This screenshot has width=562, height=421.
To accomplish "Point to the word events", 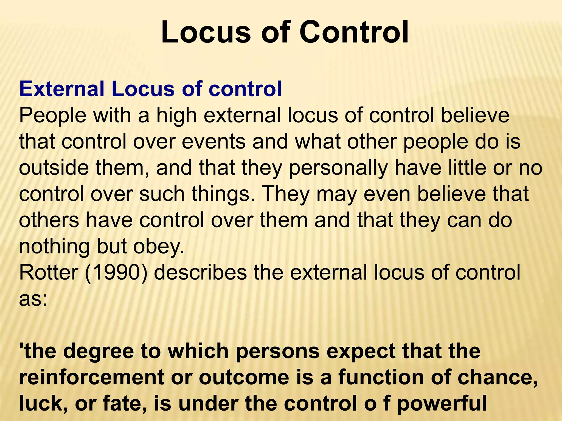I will tap(213, 142).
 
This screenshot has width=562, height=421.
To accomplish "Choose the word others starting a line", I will tap(49, 220).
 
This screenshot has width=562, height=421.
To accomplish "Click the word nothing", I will tap(54, 247).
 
